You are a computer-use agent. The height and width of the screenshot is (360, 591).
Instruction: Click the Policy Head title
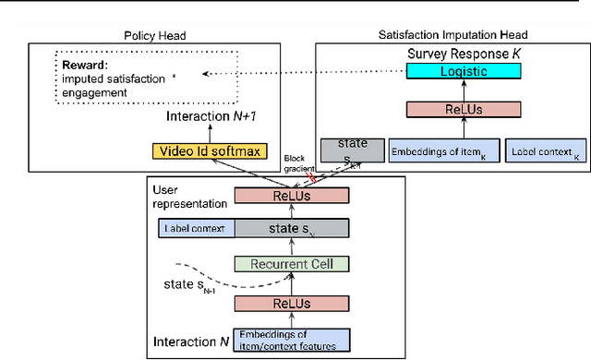tap(154, 34)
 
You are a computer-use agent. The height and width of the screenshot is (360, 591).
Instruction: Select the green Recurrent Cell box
tap(292, 264)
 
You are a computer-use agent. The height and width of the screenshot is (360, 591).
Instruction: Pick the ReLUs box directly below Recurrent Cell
tap(292, 303)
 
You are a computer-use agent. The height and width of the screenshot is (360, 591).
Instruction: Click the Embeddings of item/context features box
tap(292, 338)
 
